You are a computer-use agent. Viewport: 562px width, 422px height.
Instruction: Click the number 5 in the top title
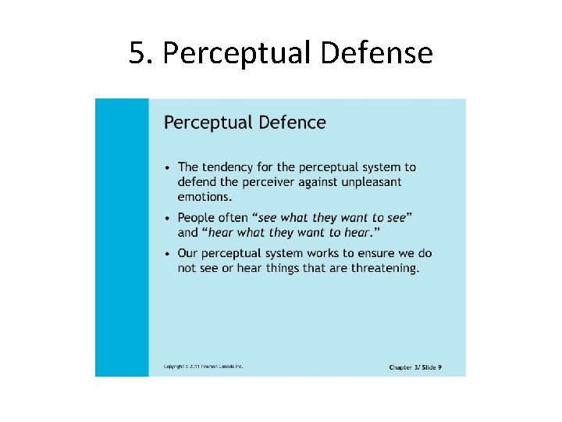click(x=137, y=53)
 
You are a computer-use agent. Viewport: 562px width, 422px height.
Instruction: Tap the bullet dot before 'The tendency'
click(x=168, y=168)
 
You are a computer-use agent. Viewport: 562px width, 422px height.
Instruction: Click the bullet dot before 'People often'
click(x=168, y=218)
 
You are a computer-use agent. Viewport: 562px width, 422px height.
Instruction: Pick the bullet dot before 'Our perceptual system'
click(x=168, y=254)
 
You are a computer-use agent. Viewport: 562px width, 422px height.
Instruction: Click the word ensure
click(x=379, y=254)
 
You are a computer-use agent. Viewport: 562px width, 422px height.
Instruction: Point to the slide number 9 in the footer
click(x=439, y=367)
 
